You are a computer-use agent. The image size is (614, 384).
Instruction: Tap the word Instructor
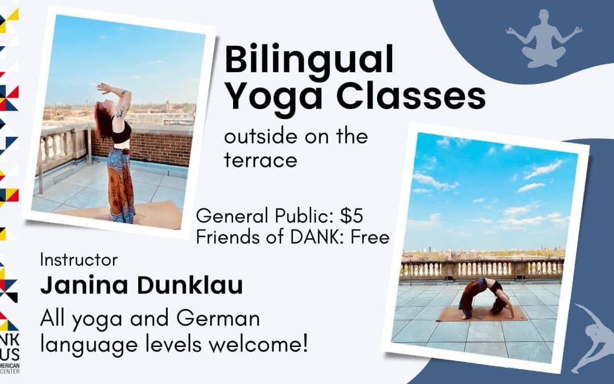click(79, 260)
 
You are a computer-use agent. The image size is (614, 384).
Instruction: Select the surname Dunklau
click(189, 286)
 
